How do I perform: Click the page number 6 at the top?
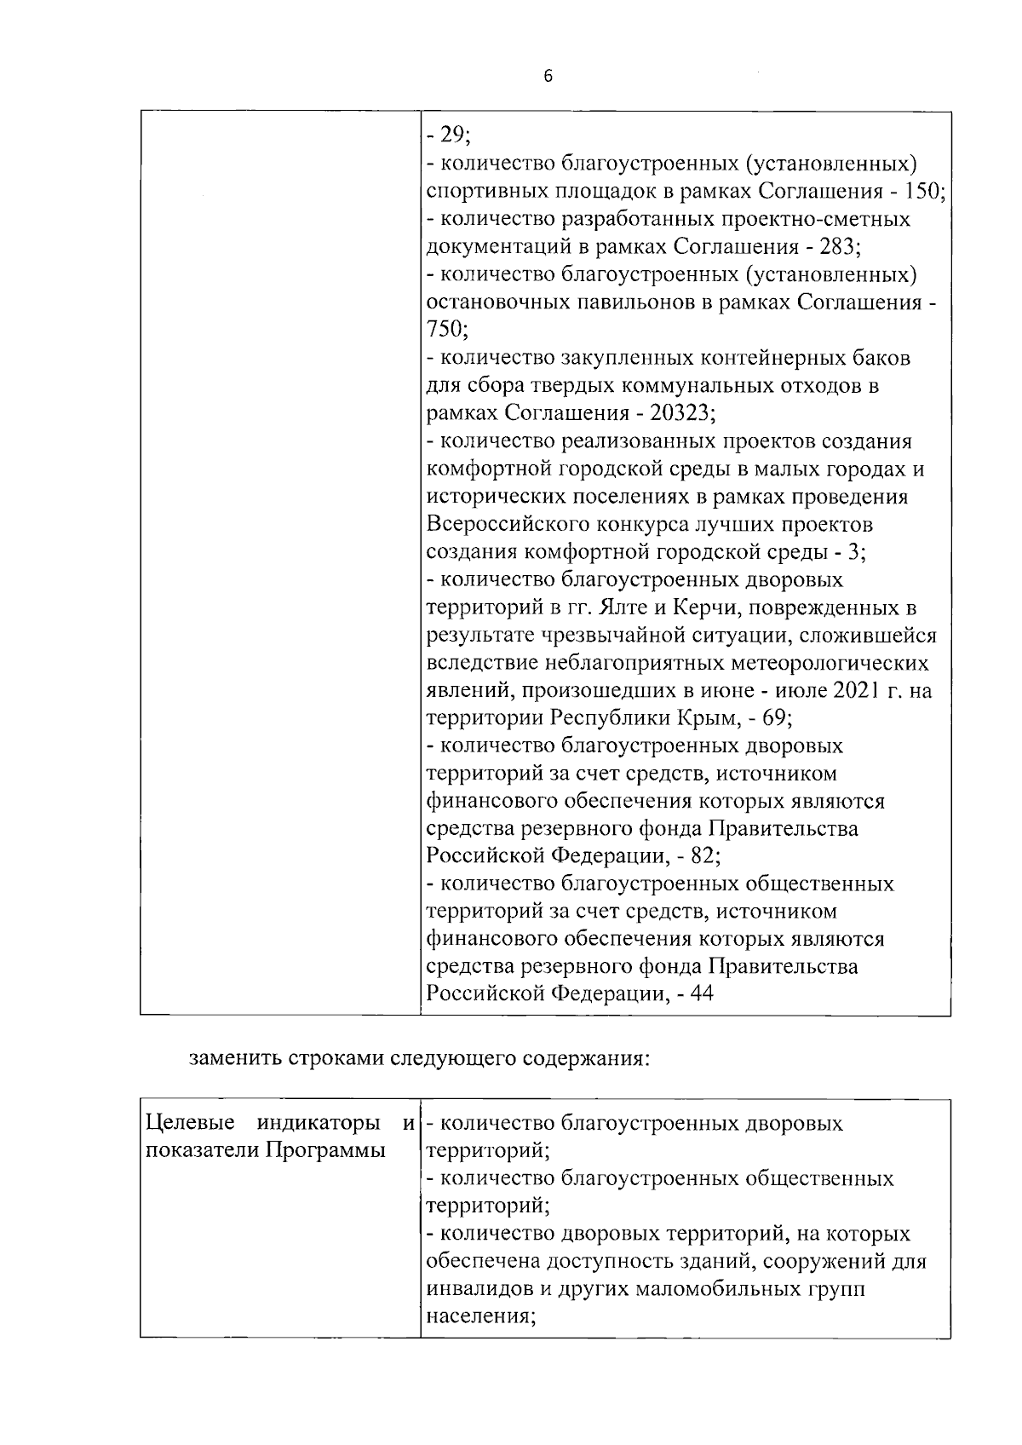coord(548,77)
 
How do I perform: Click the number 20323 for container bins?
coord(681,413)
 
